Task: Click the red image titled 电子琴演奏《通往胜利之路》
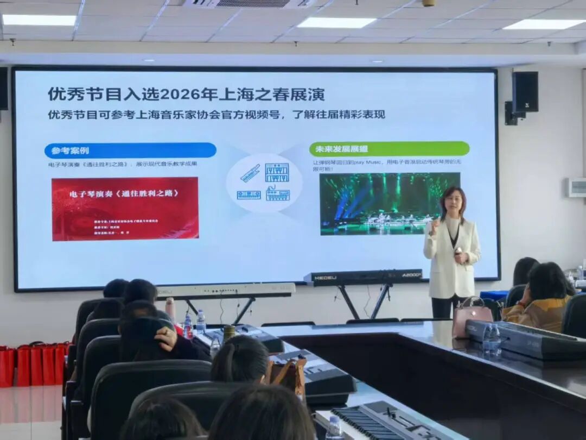pos(125,209)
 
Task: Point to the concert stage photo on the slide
pos(389,203)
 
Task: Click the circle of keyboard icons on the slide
pos(264,183)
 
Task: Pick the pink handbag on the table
pos(471,317)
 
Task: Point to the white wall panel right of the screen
pos(576,187)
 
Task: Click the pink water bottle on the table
pos(170,310)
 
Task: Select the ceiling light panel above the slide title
pos(336,22)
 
